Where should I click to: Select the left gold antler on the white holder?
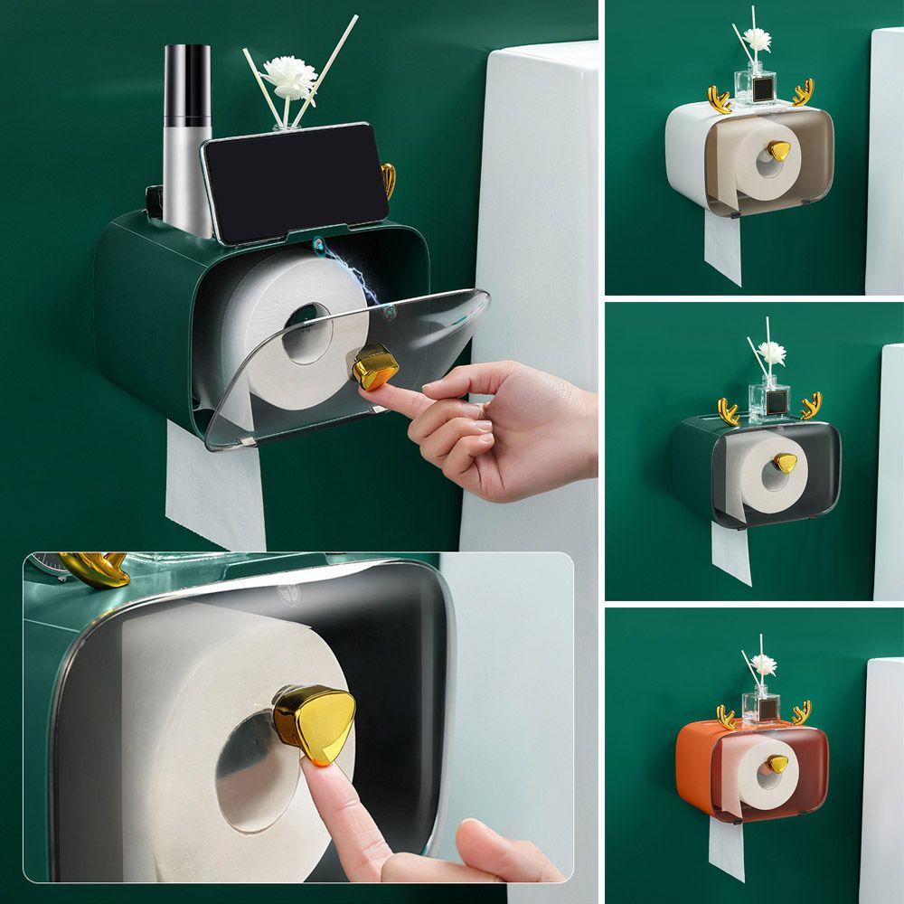click(x=720, y=99)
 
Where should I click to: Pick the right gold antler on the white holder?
click(x=803, y=92)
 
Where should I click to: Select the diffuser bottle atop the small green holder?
click(x=767, y=399)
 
